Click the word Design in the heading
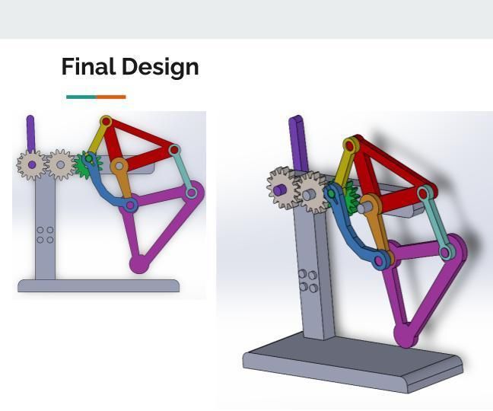point(161,67)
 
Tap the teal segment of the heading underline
point(81,97)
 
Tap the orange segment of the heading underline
point(111,97)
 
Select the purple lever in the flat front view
point(30,132)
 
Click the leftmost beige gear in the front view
point(32,164)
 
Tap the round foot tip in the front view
point(138,265)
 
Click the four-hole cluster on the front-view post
point(45,235)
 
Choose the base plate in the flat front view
point(98,286)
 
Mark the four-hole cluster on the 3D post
point(307,280)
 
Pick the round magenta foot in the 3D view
point(405,335)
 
